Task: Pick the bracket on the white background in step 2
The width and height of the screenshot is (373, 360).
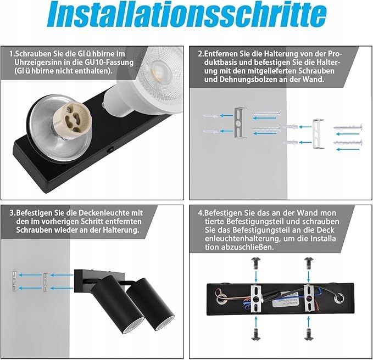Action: click(318, 134)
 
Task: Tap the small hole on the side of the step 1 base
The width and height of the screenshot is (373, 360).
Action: click(111, 149)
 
